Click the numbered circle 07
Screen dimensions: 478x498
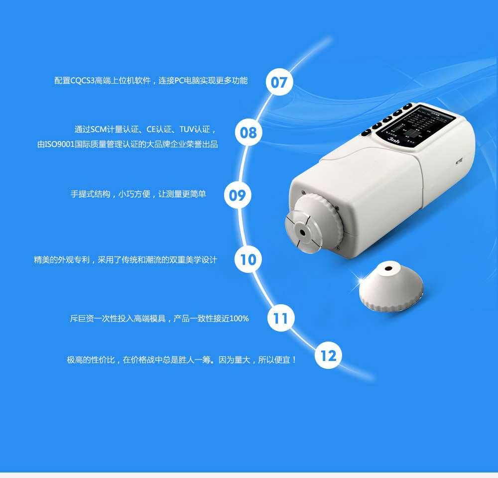[279, 82]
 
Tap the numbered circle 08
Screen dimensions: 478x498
[249, 132]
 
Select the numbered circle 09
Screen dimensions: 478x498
[238, 195]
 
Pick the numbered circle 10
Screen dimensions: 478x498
[248, 259]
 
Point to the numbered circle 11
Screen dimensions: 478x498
[281, 318]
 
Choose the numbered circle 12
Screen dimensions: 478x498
[328, 356]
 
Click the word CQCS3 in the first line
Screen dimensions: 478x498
[83, 81]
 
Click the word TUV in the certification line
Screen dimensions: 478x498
[187, 129]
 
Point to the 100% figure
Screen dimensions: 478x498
[239, 319]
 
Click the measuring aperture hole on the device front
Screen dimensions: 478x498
[302, 232]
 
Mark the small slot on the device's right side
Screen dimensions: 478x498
[459, 161]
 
